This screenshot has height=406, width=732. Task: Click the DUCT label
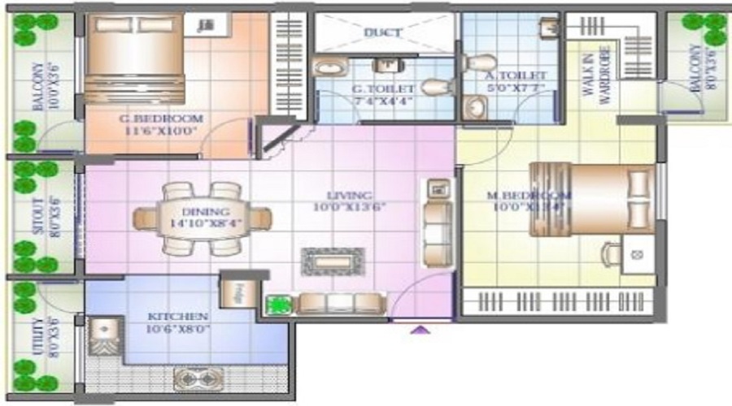382,33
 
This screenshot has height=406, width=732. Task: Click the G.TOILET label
384,89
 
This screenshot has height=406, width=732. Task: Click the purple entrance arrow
421,330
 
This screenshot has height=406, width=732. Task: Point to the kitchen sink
103,333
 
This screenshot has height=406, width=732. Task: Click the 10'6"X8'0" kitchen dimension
180,330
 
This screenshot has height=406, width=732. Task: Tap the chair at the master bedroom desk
609,254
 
